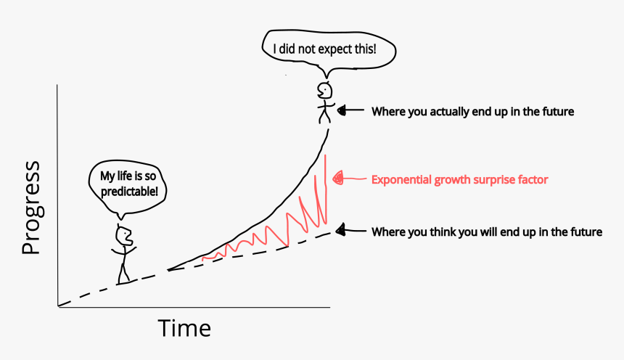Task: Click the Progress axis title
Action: (x=31, y=208)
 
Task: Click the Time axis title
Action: (x=185, y=328)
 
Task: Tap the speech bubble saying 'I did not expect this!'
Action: (x=324, y=50)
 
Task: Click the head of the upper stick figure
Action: (x=325, y=91)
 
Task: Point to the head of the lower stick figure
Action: (x=124, y=235)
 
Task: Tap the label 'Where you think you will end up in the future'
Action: (x=487, y=232)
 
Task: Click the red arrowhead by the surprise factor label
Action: (x=337, y=178)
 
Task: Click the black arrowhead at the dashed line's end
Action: (x=340, y=230)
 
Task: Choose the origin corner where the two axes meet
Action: (x=58, y=307)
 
